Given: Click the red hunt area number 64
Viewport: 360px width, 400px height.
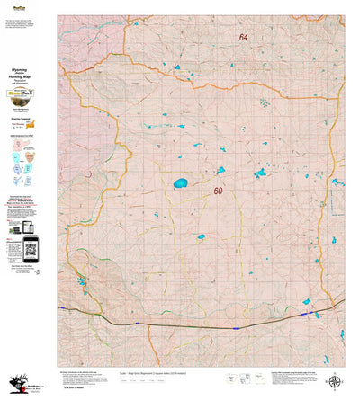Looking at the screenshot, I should pyautogui.click(x=244, y=38).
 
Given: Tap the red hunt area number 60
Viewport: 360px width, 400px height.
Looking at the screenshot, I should pyautogui.click(x=218, y=191).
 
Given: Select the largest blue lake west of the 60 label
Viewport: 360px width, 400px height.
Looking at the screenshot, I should pyautogui.click(x=181, y=183).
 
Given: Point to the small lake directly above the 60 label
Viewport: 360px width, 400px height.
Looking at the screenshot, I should pyautogui.click(x=220, y=169).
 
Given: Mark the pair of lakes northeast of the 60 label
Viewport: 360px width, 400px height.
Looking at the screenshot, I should pyautogui.click(x=260, y=173).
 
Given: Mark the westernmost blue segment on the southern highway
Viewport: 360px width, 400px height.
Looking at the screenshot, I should pyautogui.click(x=63, y=308).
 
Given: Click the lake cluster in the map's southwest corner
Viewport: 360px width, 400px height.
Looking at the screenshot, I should pyautogui.click(x=82, y=280).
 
